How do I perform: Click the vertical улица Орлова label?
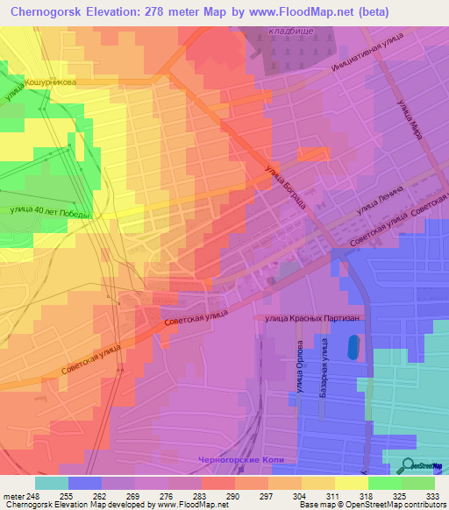coord(299,372)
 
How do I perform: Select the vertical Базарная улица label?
coord(323,372)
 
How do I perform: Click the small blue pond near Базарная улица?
coord(353,348)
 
